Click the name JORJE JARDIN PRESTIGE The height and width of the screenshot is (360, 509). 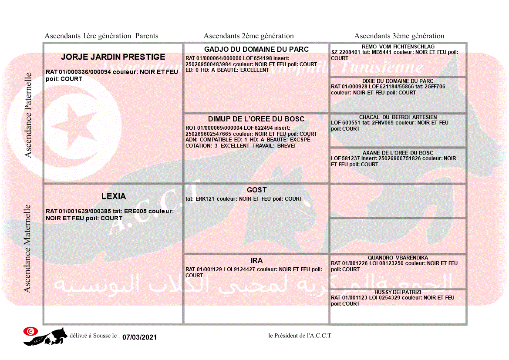pos(113,57)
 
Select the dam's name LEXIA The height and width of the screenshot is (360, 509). pos(114,196)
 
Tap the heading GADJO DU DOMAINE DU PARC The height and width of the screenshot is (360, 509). pos(256,49)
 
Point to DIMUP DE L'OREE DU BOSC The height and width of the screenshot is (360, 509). pos(256,119)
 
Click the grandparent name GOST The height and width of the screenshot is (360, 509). pos(256,190)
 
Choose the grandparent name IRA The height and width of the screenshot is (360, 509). pos(256,260)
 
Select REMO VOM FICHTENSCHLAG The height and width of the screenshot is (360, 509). pos(398,47)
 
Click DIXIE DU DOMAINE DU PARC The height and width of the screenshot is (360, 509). pos(398,81)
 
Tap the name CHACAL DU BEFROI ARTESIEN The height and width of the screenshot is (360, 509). pos(398,117)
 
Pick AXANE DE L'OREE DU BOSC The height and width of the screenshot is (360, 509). pos(398,153)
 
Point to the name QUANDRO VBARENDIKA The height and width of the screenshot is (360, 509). pos(398,258)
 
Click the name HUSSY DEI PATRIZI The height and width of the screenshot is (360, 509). pos(398,292)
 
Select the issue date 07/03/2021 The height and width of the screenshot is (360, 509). pos(139,337)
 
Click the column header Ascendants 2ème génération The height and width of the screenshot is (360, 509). pos(249,36)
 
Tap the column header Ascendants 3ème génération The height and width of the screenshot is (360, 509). pos(399,36)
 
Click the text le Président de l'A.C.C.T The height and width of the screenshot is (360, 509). pos(300,336)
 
